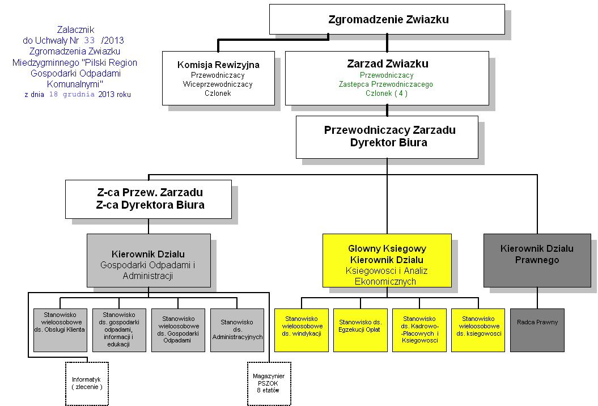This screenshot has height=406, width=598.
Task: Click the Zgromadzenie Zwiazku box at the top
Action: tap(387, 19)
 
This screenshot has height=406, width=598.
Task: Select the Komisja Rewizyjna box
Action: tap(218, 78)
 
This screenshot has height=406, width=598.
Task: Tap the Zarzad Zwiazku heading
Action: tap(387, 64)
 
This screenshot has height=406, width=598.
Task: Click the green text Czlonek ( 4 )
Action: tap(387, 94)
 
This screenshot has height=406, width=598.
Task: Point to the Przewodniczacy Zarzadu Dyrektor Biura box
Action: tap(387, 137)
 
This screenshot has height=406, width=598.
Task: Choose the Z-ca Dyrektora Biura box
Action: tap(149, 199)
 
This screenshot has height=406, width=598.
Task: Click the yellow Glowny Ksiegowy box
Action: tap(387, 260)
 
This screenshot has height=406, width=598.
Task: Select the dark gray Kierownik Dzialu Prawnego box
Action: tap(537, 260)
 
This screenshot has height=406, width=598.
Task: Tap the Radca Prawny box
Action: tap(537, 329)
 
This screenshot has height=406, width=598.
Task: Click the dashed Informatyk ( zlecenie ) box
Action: tap(87, 383)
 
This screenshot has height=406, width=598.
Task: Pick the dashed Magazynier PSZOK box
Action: tap(269, 383)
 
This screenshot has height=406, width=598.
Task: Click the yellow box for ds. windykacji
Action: tap(302, 329)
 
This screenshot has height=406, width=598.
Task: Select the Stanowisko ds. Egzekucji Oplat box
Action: tap(360, 329)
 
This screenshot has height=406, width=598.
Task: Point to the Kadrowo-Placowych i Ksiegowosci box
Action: tap(419, 329)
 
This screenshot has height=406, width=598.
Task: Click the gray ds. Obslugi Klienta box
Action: tap(61, 329)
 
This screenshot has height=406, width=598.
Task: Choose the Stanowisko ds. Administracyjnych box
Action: tap(237, 329)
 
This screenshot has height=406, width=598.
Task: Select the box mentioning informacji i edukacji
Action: tap(119, 329)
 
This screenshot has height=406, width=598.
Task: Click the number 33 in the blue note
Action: tap(89, 40)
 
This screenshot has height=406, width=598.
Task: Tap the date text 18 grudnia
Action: tap(72, 95)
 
